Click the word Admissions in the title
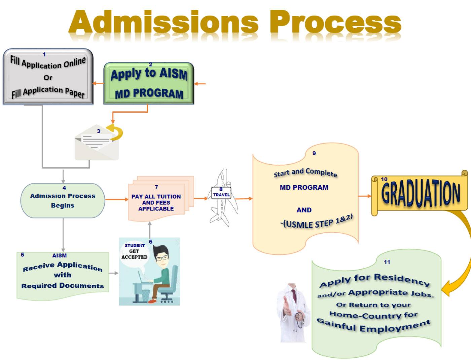coord(164,22)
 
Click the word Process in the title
coord(335,22)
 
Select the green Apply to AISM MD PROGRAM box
coord(149,83)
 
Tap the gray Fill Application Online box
coord(48,77)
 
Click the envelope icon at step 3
coord(97,142)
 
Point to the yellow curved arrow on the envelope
coord(115,132)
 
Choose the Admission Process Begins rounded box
coord(63,200)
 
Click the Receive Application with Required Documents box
coord(63,276)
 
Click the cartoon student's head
coord(161,255)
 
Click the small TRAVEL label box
coord(221,193)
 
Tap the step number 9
coord(314,153)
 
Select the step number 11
coord(387,262)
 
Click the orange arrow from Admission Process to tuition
coord(117,199)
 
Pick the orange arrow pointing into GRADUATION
coord(365,196)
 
